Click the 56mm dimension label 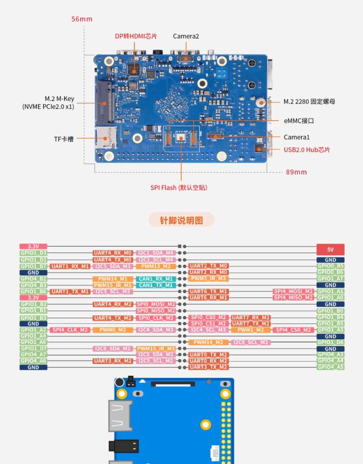point(81,19)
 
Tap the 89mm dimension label point(296,172)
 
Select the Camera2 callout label point(186,36)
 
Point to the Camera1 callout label point(297,137)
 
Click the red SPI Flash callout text point(179,188)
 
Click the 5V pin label point(330,249)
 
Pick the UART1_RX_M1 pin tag point(70,266)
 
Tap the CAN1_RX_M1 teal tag point(155,279)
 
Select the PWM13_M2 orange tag point(155,266)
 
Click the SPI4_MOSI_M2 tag point(294,291)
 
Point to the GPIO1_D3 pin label point(33,253)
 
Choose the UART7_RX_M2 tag point(250,318)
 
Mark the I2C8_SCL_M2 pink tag point(250,342)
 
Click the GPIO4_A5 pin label point(330,367)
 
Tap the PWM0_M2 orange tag point(113,330)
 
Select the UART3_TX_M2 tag point(208,367)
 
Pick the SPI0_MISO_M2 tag point(155,310)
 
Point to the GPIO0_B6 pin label point(330,272)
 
